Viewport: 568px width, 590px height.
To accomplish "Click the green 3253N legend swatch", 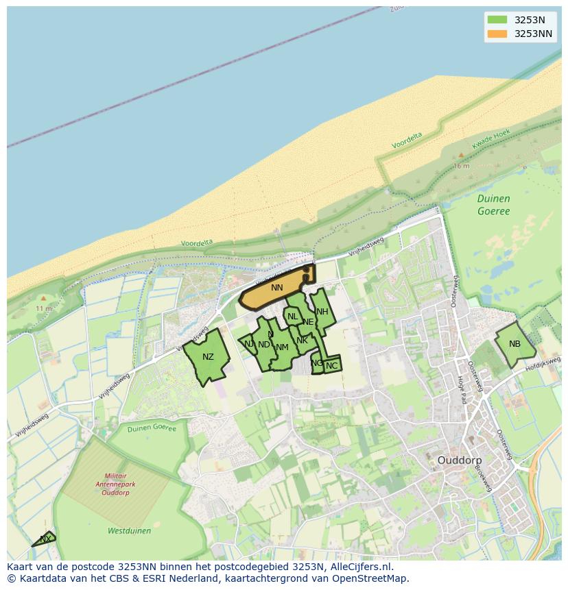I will click(497, 20).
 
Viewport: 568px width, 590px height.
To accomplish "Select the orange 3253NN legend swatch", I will click(497, 34).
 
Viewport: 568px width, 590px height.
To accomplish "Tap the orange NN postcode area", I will click(276, 288).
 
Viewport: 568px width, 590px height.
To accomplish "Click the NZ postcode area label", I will click(208, 357).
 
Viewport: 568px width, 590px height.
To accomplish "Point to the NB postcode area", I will click(514, 344).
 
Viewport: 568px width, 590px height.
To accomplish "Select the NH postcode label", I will click(322, 312).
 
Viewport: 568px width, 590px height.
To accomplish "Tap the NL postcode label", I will click(293, 317).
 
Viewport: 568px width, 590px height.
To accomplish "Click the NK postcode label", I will click(302, 340).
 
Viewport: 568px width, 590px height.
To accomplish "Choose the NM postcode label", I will click(282, 347).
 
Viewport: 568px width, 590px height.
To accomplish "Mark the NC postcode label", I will click(331, 366).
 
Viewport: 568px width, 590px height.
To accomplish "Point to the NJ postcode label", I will click(249, 343).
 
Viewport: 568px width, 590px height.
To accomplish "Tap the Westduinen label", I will click(129, 530).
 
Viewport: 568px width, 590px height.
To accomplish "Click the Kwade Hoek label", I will click(491, 141).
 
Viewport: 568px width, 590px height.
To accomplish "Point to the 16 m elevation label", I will click(461, 166).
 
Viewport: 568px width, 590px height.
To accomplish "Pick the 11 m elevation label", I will click(43, 309).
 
